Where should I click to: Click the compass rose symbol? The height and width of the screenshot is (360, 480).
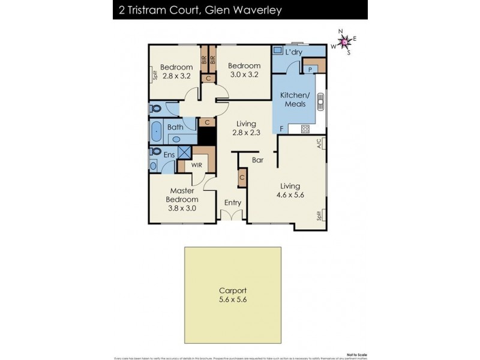coord(344,41)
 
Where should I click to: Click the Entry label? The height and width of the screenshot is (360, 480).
coord(233,203)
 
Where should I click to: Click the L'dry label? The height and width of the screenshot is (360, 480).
coord(293,52)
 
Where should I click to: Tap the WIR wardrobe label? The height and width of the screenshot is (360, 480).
coord(196,164)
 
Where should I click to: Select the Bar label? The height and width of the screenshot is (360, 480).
coord(259,161)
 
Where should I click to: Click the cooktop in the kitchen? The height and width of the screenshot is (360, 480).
coord(305,128)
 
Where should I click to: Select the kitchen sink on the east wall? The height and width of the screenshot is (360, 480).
coord(321,103)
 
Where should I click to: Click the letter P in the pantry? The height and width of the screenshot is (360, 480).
coord(310,69)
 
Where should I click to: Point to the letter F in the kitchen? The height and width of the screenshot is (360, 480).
coord(281,128)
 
